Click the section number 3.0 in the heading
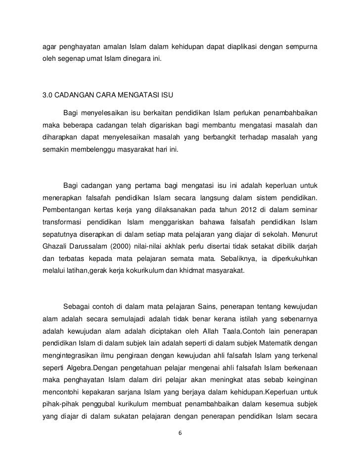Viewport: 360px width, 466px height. point(48,94)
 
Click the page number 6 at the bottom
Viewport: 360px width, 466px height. point(180,433)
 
